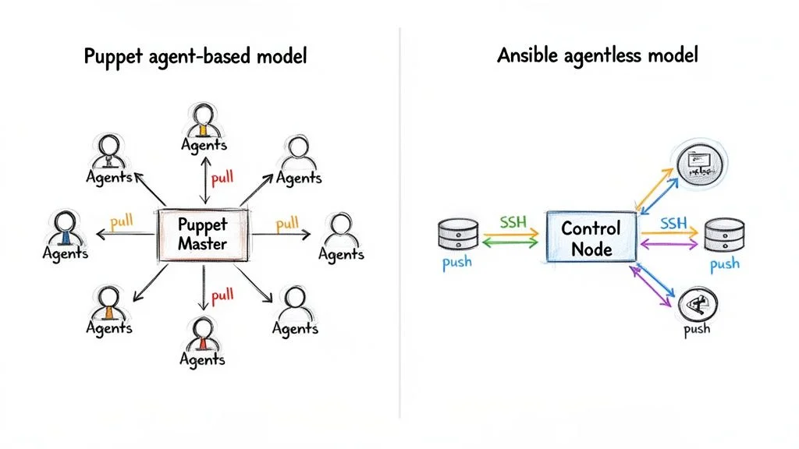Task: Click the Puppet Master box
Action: tap(202, 234)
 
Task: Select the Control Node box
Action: tap(591, 238)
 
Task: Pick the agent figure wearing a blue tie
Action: tap(65, 228)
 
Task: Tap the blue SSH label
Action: tap(673, 223)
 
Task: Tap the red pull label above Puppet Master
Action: tap(222, 177)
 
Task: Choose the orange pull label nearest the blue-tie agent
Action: tap(123, 221)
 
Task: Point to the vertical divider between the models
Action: tap(399, 226)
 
